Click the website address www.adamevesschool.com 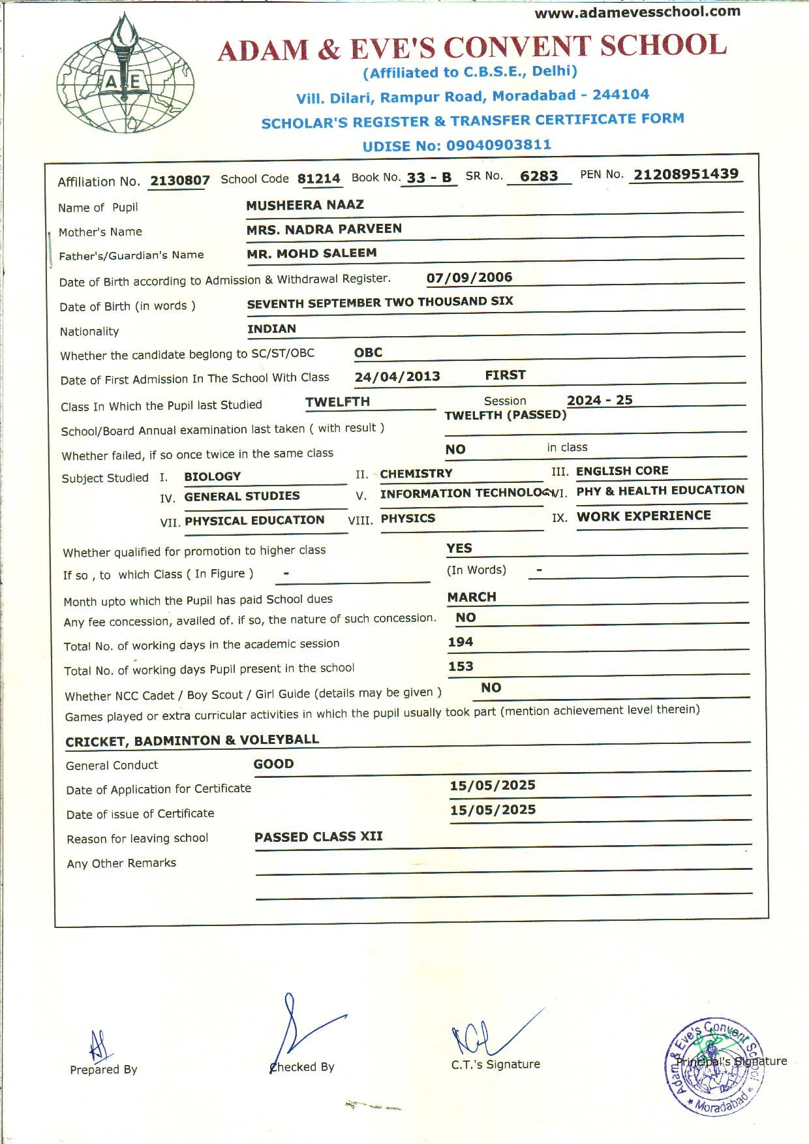click(637, 12)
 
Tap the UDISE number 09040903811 click(498, 145)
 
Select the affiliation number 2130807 click(180, 181)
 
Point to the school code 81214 click(318, 179)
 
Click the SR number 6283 click(539, 176)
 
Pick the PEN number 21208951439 click(686, 174)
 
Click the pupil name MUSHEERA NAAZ click(305, 205)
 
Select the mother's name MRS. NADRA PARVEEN click(324, 229)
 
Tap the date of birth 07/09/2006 click(469, 277)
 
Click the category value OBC click(368, 352)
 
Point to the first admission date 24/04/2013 click(397, 377)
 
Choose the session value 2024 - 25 click(600, 400)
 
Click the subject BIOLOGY click(213, 476)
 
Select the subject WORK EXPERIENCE click(643, 516)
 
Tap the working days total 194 click(460, 642)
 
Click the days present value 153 click(460, 666)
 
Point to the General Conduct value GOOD click(273, 764)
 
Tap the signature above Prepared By click(98, 1045)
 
